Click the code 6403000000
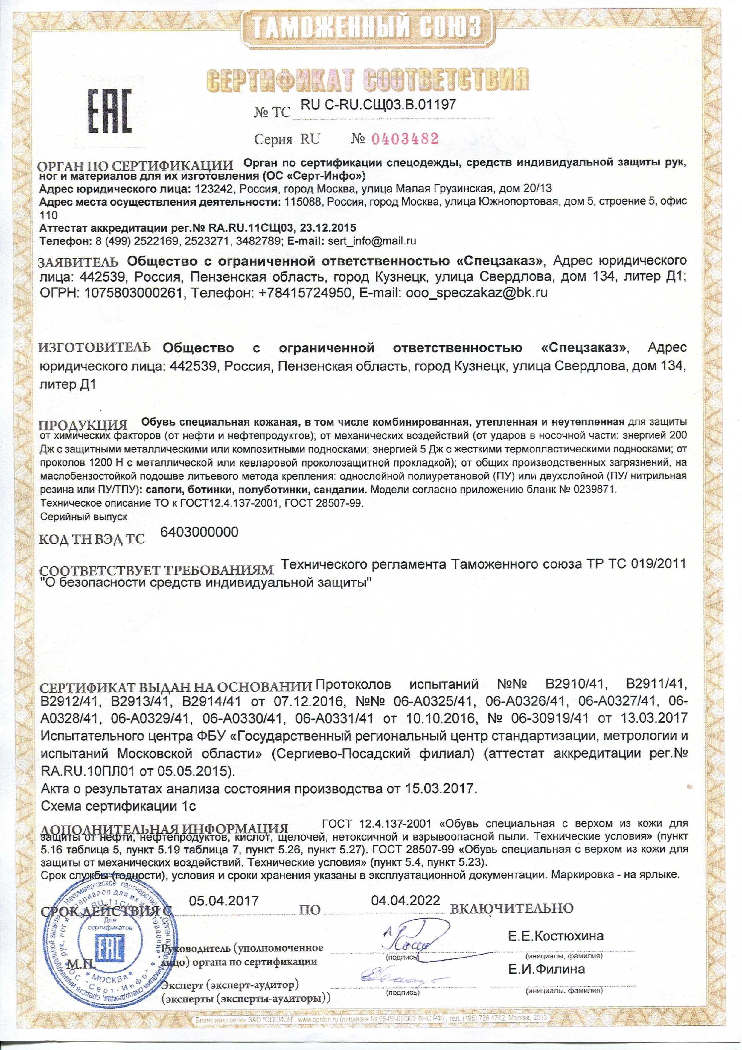(x=200, y=532)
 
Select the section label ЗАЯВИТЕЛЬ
(x=79, y=262)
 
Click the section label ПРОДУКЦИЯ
(x=84, y=425)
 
